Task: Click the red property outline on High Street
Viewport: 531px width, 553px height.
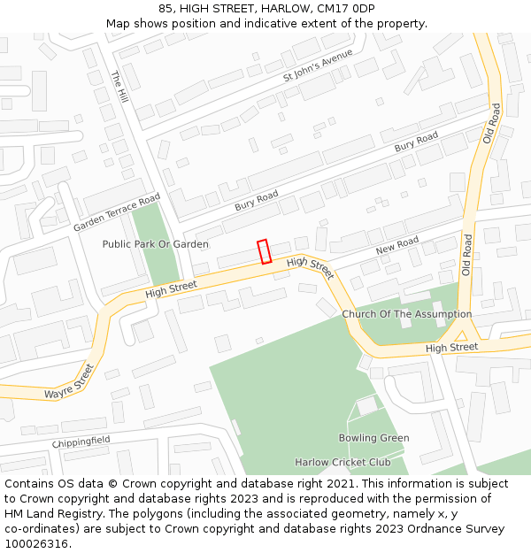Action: click(x=264, y=251)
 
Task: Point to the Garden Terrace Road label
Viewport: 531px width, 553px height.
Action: click(x=117, y=212)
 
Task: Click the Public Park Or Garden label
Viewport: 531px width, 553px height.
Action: click(x=156, y=244)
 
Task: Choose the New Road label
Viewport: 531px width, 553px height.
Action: click(x=396, y=245)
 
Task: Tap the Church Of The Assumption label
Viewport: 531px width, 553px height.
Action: click(x=407, y=314)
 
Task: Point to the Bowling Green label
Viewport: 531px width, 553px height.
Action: click(x=373, y=438)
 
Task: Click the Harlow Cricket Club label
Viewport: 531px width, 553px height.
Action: click(x=342, y=463)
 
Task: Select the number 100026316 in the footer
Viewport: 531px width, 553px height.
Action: click(x=36, y=544)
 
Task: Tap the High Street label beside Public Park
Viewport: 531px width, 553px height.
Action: click(x=171, y=288)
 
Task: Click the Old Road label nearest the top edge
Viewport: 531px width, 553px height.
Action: click(x=492, y=123)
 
